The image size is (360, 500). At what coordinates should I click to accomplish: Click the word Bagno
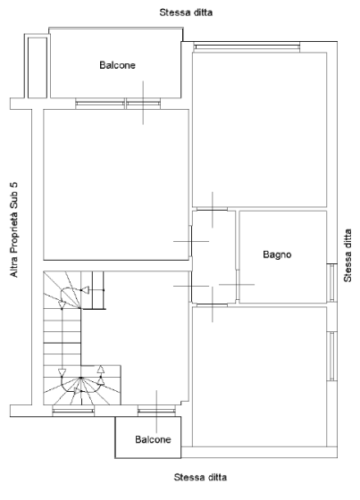click(277, 254)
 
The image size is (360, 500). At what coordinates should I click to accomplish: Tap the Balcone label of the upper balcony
click(117, 65)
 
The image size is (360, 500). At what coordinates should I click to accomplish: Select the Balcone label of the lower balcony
click(153, 439)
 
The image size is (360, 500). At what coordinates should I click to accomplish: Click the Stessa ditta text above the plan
click(186, 12)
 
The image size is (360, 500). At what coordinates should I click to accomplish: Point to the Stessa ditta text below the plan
click(200, 478)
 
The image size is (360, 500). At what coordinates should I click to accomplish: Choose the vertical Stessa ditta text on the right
click(347, 255)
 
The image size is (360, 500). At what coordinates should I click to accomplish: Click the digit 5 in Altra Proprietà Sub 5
click(14, 185)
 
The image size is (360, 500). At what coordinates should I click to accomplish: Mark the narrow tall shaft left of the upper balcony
click(38, 68)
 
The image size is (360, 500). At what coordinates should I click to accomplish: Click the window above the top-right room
click(247, 47)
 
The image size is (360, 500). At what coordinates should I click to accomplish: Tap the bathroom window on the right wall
click(332, 282)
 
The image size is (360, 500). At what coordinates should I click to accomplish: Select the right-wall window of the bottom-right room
click(332, 356)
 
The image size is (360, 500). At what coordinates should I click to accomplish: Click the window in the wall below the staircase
click(73, 411)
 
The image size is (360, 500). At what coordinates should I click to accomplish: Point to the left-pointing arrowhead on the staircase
click(85, 290)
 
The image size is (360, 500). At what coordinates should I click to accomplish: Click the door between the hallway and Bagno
click(238, 285)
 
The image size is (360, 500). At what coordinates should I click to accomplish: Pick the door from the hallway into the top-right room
click(213, 209)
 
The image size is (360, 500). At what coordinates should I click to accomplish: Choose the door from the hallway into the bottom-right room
click(213, 305)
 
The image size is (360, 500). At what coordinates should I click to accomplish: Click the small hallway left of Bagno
click(213, 257)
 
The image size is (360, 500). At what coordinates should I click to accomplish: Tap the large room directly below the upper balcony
click(116, 185)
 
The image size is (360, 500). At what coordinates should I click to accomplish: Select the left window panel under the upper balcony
click(100, 104)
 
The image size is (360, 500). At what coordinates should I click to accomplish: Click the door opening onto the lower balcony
click(156, 412)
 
